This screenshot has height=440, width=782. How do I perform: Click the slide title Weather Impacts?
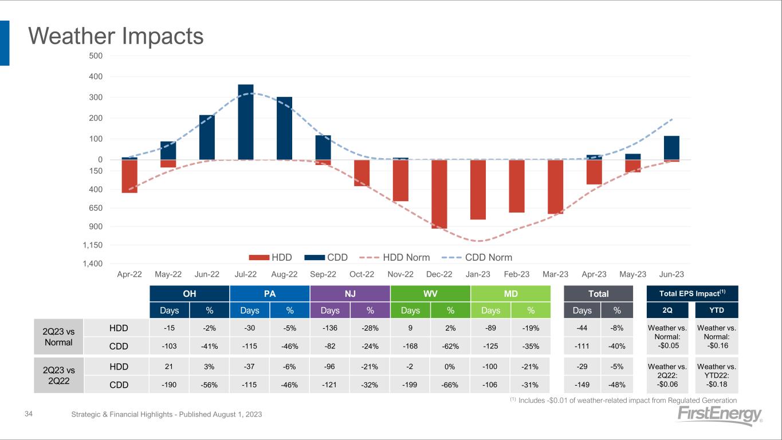pyautogui.click(x=116, y=36)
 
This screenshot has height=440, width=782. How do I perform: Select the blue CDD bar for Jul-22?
pyautogui.click(x=246, y=122)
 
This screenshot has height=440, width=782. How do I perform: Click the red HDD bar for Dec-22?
pyautogui.click(x=439, y=194)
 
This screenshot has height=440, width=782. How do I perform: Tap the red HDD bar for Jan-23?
pyautogui.click(x=478, y=189)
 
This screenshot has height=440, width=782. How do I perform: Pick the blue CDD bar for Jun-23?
pyautogui.click(x=671, y=148)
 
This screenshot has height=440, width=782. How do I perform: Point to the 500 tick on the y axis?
pyautogui.click(x=96, y=56)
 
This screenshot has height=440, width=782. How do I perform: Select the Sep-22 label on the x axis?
pyautogui.click(x=323, y=274)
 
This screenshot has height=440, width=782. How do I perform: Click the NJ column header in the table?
pyautogui.click(x=350, y=294)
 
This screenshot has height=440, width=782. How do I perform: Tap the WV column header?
pyautogui.click(x=430, y=294)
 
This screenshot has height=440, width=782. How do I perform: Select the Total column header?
pyautogui.click(x=599, y=294)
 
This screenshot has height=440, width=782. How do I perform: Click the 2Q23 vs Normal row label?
pyautogui.click(x=58, y=336)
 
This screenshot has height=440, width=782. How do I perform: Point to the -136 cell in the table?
pyautogui.click(x=330, y=328)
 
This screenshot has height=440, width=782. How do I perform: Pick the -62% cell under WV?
pyautogui.click(x=450, y=346)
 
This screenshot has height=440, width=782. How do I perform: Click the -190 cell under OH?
pyautogui.click(x=170, y=385)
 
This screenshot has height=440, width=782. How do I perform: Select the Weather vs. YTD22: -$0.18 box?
pyautogui.click(x=717, y=375)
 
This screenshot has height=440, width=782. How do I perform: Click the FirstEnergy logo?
pyautogui.click(x=720, y=416)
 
